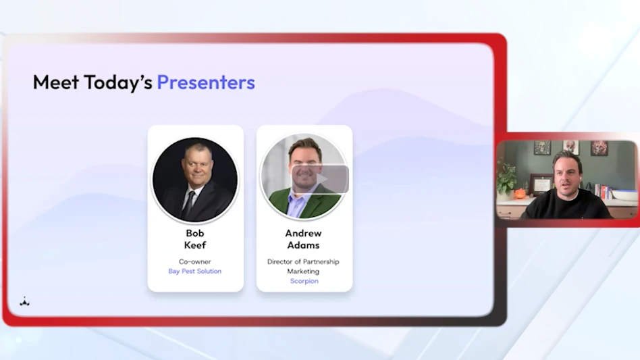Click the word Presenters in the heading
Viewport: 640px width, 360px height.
pyautogui.click(x=206, y=82)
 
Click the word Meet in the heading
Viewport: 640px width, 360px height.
pyautogui.click(x=56, y=82)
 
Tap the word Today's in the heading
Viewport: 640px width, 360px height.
pyautogui.click(x=118, y=83)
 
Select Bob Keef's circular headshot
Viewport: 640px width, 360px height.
pyautogui.click(x=195, y=180)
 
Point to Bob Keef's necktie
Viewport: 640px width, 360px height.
pyautogui.click(x=188, y=204)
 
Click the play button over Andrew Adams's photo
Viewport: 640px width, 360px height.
pyautogui.click(x=321, y=179)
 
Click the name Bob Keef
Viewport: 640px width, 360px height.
pyautogui.click(x=195, y=239)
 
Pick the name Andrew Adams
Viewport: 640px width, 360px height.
pyautogui.click(x=303, y=239)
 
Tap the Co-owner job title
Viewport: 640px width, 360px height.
pyautogui.click(x=194, y=261)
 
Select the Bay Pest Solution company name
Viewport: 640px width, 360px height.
pyautogui.click(x=194, y=272)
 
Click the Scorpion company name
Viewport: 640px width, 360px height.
pyautogui.click(x=304, y=281)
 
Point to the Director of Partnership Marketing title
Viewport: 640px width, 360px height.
pyautogui.click(x=303, y=267)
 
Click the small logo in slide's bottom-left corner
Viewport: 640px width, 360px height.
pyautogui.click(x=24, y=302)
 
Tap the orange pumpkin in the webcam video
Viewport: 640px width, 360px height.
pyautogui.click(x=520, y=193)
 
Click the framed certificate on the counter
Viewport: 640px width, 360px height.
pyautogui.click(x=541, y=185)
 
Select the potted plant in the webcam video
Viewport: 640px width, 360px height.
pyautogui.click(x=506, y=180)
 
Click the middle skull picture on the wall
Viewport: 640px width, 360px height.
pyautogui.click(x=570, y=147)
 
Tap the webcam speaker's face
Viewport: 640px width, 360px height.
pyautogui.click(x=568, y=176)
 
